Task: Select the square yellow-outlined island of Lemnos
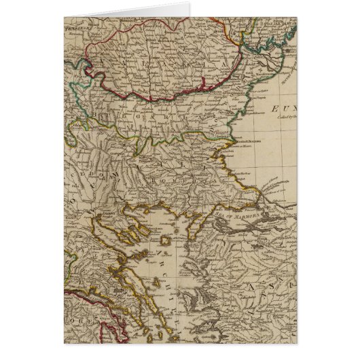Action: pyautogui.click(x=165, y=242)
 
